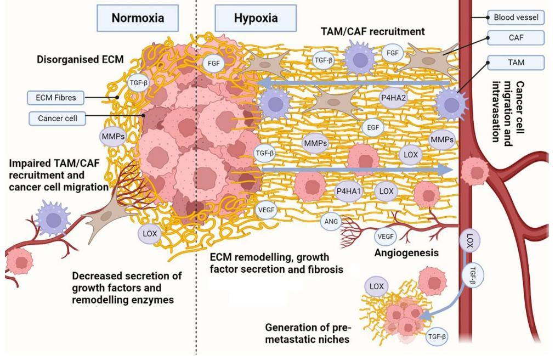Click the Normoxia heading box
pyautogui.click(x=138, y=18)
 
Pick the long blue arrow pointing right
pyautogui.click(x=356, y=171)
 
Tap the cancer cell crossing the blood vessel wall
pyautogui.click(x=472, y=171)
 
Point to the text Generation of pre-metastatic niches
pyautogui.click(x=307, y=333)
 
